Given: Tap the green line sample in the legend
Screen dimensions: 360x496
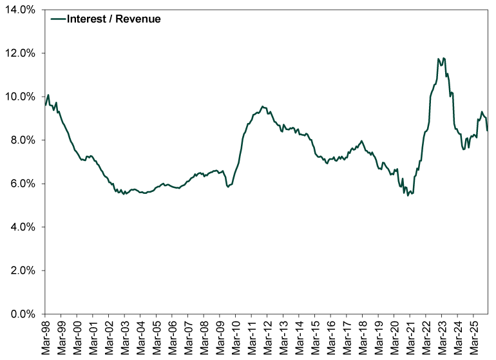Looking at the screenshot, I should tap(58, 19).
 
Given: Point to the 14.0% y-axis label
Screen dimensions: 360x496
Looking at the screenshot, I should tap(21, 10).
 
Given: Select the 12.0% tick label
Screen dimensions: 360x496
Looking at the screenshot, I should tap(21, 53).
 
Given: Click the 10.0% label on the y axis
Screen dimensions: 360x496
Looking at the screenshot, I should tap(21, 97).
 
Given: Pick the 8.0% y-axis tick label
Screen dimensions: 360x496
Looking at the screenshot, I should tap(23, 140).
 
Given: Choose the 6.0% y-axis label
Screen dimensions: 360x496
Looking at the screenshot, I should tap(23, 184).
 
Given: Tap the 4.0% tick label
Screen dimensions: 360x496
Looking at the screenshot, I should tap(23, 227).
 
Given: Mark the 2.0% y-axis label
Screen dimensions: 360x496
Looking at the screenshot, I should tap(23, 270).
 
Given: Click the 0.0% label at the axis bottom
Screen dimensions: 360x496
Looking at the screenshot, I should tap(23, 314).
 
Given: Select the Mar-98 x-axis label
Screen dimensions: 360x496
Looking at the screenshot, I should tap(46, 337).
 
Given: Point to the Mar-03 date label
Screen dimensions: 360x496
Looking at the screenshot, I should tap(124, 337).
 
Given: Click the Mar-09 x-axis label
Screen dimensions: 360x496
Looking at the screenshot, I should tap(220, 337).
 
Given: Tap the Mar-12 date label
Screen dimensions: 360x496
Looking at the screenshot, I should tap(267, 337).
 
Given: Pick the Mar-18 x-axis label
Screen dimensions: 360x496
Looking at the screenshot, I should tap(362, 337).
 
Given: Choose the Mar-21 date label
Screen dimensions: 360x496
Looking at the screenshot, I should tap(410, 337).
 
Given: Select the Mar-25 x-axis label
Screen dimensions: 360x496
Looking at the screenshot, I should tap(473, 337).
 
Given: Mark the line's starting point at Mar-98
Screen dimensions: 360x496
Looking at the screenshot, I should tap(45, 104).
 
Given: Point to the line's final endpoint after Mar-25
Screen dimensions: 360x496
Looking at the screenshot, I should tap(487, 131).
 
